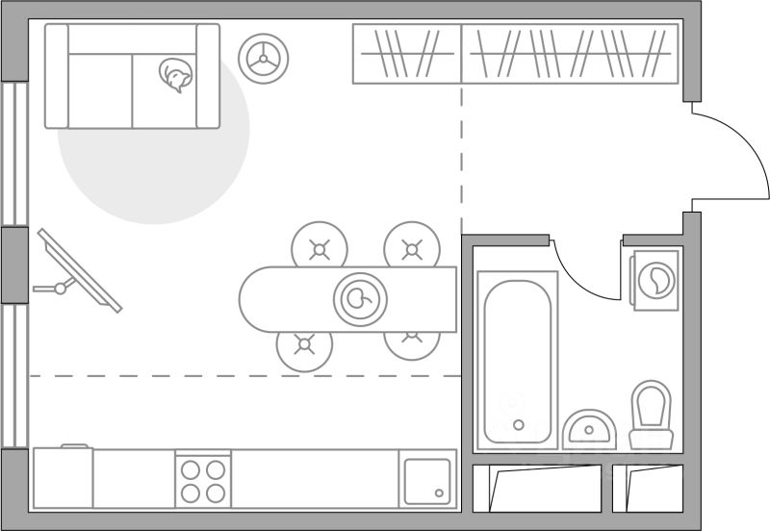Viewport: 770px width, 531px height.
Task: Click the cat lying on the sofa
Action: [175, 76]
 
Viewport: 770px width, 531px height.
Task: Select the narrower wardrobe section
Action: [406, 53]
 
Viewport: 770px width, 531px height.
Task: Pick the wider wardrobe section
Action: [570, 53]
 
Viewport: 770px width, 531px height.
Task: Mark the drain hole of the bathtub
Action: [518, 424]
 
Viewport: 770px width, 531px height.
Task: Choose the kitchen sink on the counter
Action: [427, 480]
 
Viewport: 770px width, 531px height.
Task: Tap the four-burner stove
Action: [203, 480]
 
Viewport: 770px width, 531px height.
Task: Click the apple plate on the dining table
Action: [360, 299]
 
